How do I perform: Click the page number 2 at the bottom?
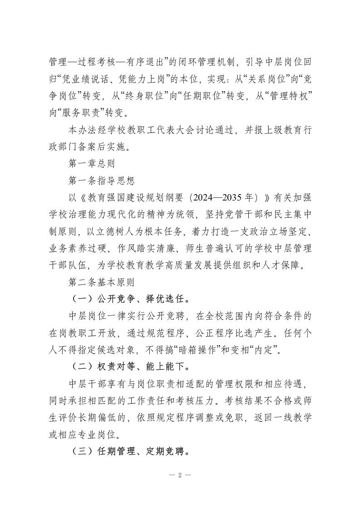[180, 475]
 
